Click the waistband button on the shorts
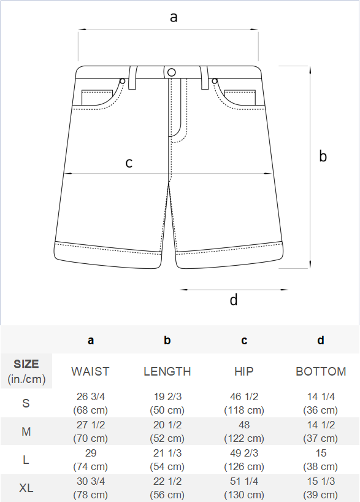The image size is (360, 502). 172,72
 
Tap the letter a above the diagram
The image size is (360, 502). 174,17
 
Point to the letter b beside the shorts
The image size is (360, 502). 323,156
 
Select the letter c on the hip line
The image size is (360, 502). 129,163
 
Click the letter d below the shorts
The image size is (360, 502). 234,299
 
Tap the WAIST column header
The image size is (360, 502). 90,371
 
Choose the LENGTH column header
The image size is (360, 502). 167,371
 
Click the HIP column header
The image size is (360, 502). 244,371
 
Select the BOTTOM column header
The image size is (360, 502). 321,371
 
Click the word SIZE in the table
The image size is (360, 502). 26,364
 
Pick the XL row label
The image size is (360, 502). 26,488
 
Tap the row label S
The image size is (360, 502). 26,403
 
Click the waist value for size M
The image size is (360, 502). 91,431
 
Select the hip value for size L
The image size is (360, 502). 244,460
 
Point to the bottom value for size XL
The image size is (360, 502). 321,488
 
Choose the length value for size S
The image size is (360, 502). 167,403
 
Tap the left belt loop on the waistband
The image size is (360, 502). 132,77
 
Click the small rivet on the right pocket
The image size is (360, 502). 215,81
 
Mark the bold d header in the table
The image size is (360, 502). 321,340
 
